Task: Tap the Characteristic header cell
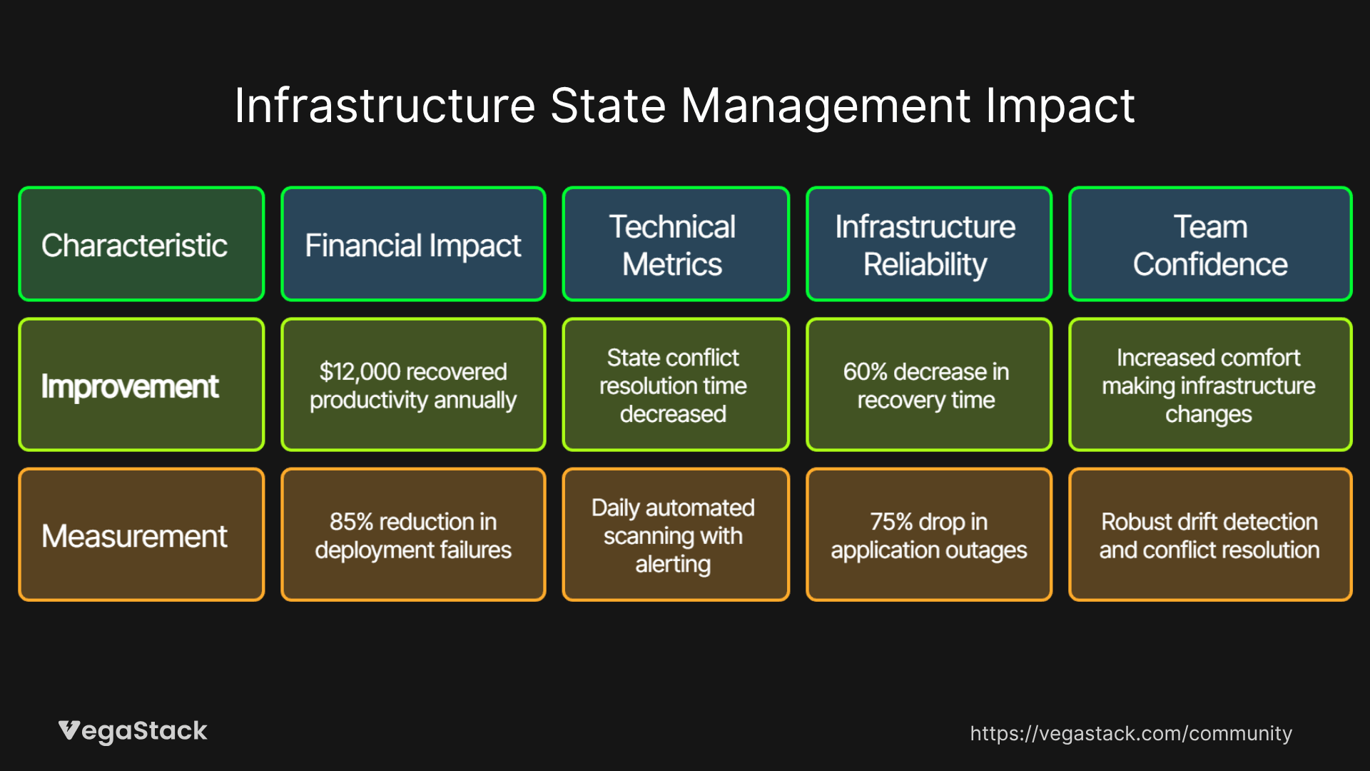[141, 244]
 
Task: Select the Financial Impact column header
[413, 244]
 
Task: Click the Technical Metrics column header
[675, 244]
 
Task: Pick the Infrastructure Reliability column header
[928, 244]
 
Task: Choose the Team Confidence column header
[1209, 244]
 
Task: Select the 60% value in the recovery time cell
[865, 372]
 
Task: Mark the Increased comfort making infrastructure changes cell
[1209, 385]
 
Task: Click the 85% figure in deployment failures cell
[351, 522]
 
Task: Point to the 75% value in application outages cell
[891, 522]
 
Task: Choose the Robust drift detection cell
[1209, 535]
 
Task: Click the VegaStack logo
[133, 731]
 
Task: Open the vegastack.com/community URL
[1131, 733]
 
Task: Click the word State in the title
[608, 106]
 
